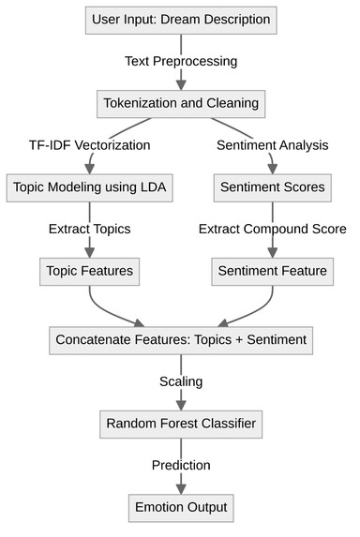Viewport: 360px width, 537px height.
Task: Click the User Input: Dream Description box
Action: (180, 19)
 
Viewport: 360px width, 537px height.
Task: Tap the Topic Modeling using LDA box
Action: (90, 187)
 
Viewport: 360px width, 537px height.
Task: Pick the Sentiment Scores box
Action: (273, 187)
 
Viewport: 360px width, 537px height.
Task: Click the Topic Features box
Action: (90, 272)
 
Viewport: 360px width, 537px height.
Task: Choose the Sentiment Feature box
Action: (273, 272)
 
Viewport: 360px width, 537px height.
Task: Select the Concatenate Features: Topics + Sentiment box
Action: (180, 339)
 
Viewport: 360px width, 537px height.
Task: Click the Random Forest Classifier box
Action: (180, 424)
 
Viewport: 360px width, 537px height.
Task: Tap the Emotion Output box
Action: (180, 508)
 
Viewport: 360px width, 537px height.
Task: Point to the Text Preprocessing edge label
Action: (180, 61)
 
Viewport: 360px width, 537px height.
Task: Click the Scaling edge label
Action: (180, 381)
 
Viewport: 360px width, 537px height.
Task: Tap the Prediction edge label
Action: (180, 466)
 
